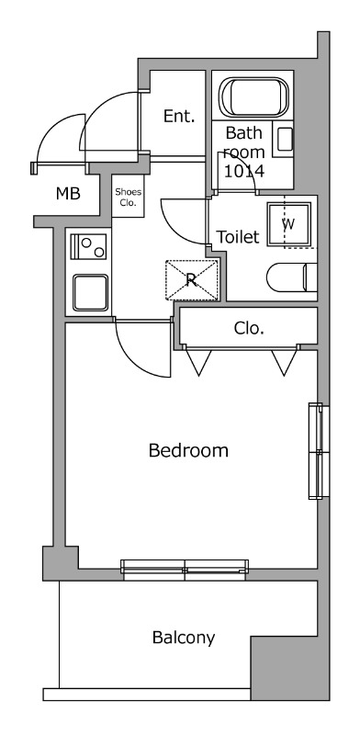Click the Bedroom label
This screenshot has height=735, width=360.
tap(188, 450)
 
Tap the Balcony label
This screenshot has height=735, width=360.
tap(184, 638)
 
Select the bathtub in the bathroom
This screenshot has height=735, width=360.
tap(253, 97)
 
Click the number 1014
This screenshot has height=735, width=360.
tap(243, 171)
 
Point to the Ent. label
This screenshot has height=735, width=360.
tap(178, 117)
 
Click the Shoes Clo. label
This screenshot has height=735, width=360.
tap(128, 198)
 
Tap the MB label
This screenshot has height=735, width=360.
tap(68, 193)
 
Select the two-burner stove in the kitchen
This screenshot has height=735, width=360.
tap(88, 246)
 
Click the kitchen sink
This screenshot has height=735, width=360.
tap(90, 292)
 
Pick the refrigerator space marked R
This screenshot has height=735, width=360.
tap(192, 280)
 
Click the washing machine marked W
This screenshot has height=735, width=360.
tap(288, 224)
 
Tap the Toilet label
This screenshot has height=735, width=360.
tap(237, 237)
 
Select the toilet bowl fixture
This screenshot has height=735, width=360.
tap(291, 277)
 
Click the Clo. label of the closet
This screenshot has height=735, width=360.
tap(249, 329)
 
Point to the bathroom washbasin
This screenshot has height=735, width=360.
tap(283, 140)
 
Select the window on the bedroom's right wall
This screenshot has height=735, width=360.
tap(316, 451)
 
